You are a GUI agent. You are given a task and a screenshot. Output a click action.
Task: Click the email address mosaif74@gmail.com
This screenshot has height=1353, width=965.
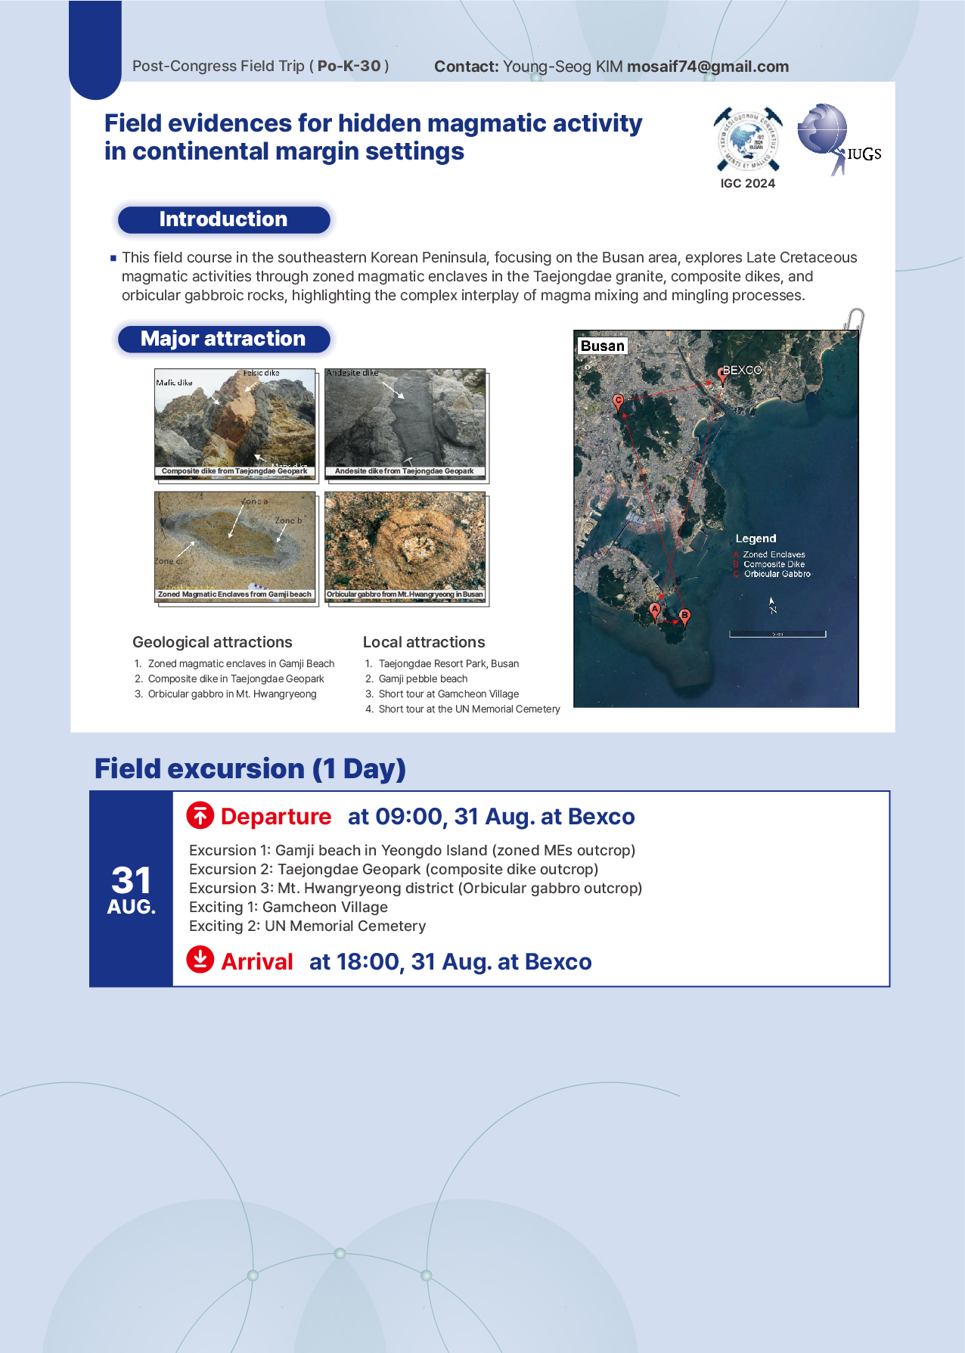coord(707,67)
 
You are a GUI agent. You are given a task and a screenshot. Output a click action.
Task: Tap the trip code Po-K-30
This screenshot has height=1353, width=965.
coord(349,66)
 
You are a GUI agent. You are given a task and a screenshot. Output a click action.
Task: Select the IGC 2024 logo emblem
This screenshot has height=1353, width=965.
coord(747,139)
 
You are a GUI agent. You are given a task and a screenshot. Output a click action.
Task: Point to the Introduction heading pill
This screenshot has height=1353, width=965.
coord(223,219)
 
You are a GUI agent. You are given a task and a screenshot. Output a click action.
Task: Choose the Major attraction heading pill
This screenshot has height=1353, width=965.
coord(223,339)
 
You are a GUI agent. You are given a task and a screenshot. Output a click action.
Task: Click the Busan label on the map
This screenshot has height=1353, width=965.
coord(602,346)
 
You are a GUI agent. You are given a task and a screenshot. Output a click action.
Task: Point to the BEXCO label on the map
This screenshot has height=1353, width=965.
coord(742,370)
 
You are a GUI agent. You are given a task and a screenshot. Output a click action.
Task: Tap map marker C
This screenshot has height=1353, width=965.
coord(619,402)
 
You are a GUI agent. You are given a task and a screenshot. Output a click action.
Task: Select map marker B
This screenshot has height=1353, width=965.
coord(684,616)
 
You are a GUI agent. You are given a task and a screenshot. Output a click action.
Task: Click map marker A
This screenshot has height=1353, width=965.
coord(655,610)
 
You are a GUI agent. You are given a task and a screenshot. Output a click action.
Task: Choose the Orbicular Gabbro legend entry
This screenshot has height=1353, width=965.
coord(777,574)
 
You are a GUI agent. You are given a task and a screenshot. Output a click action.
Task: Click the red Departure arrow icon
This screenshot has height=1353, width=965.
coord(200,815)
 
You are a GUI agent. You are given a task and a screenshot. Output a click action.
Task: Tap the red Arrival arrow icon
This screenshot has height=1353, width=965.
coord(200,960)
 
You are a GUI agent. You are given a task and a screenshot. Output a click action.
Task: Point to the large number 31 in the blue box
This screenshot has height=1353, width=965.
coord(132,880)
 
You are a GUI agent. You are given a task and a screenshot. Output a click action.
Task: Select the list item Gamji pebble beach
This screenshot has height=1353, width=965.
coord(423,678)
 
